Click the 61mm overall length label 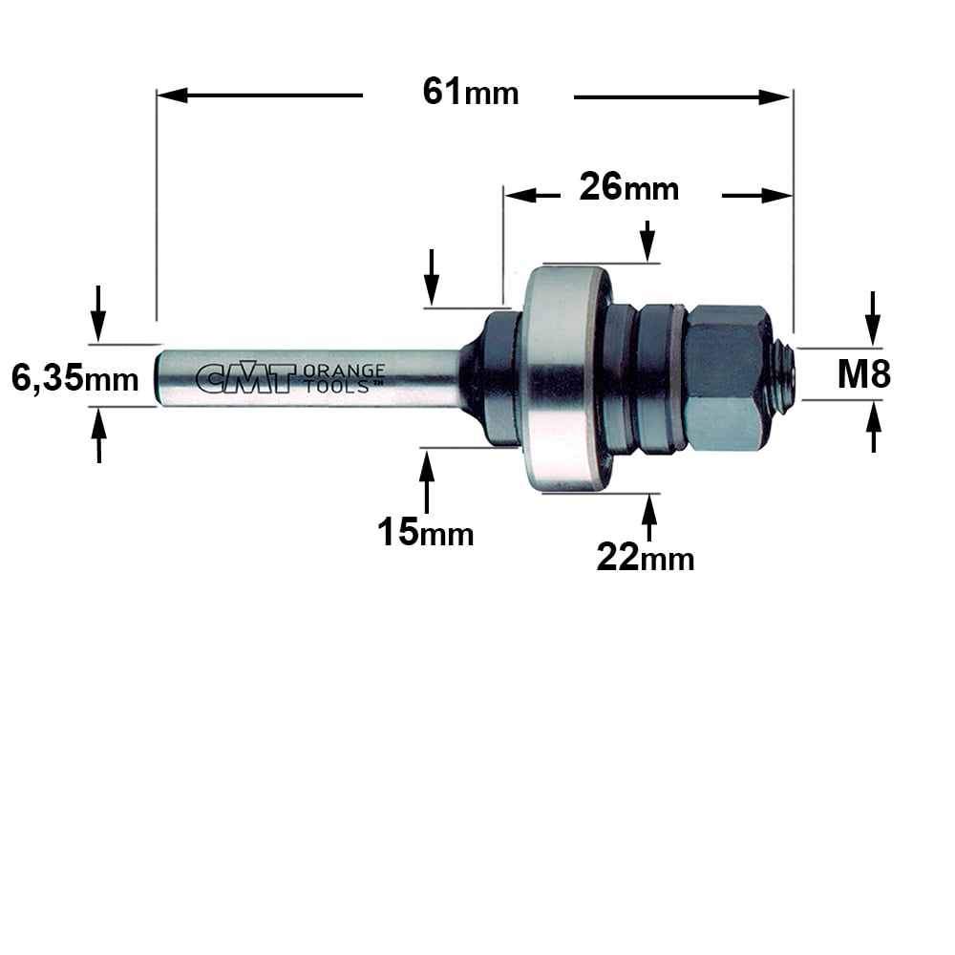pyautogui.click(x=471, y=93)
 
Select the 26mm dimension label pyautogui.click(x=628, y=186)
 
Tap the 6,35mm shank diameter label pyautogui.click(x=74, y=378)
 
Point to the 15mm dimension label pyautogui.click(x=425, y=532)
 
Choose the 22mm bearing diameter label pyautogui.click(x=645, y=557)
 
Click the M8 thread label pyautogui.click(x=863, y=374)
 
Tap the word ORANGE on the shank pyautogui.click(x=344, y=371)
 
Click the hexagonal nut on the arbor pyautogui.click(x=724, y=377)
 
